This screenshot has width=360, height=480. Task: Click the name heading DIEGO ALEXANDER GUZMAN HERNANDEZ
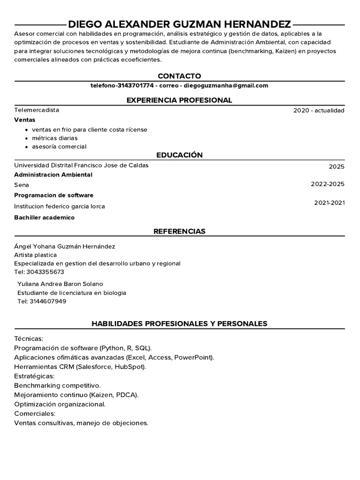(180, 24)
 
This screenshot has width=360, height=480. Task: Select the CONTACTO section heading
(180, 76)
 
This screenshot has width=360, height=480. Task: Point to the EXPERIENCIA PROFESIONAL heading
(180, 100)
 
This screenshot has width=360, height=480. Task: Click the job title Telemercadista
(37, 110)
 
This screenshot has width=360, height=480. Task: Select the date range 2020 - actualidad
(319, 111)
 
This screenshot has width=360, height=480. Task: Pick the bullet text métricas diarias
(54, 138)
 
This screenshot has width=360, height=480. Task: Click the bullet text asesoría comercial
(59, 146)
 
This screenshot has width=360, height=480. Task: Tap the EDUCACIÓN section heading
(180, 155)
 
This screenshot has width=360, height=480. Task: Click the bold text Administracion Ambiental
(53, 174)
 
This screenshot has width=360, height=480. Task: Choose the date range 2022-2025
(327, 184)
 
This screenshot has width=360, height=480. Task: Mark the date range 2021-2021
(329, 202)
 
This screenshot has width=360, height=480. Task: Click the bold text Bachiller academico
(44, 217)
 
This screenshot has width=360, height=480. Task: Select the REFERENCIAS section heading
(180, 231)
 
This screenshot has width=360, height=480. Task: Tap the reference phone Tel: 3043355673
(39, 272)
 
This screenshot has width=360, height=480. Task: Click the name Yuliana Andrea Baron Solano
(60, 284)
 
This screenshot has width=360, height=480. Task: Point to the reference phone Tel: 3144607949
(42, 301)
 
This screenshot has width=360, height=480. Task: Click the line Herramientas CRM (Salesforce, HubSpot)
(80, 367)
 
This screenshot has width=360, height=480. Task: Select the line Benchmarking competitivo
(57, 385)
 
